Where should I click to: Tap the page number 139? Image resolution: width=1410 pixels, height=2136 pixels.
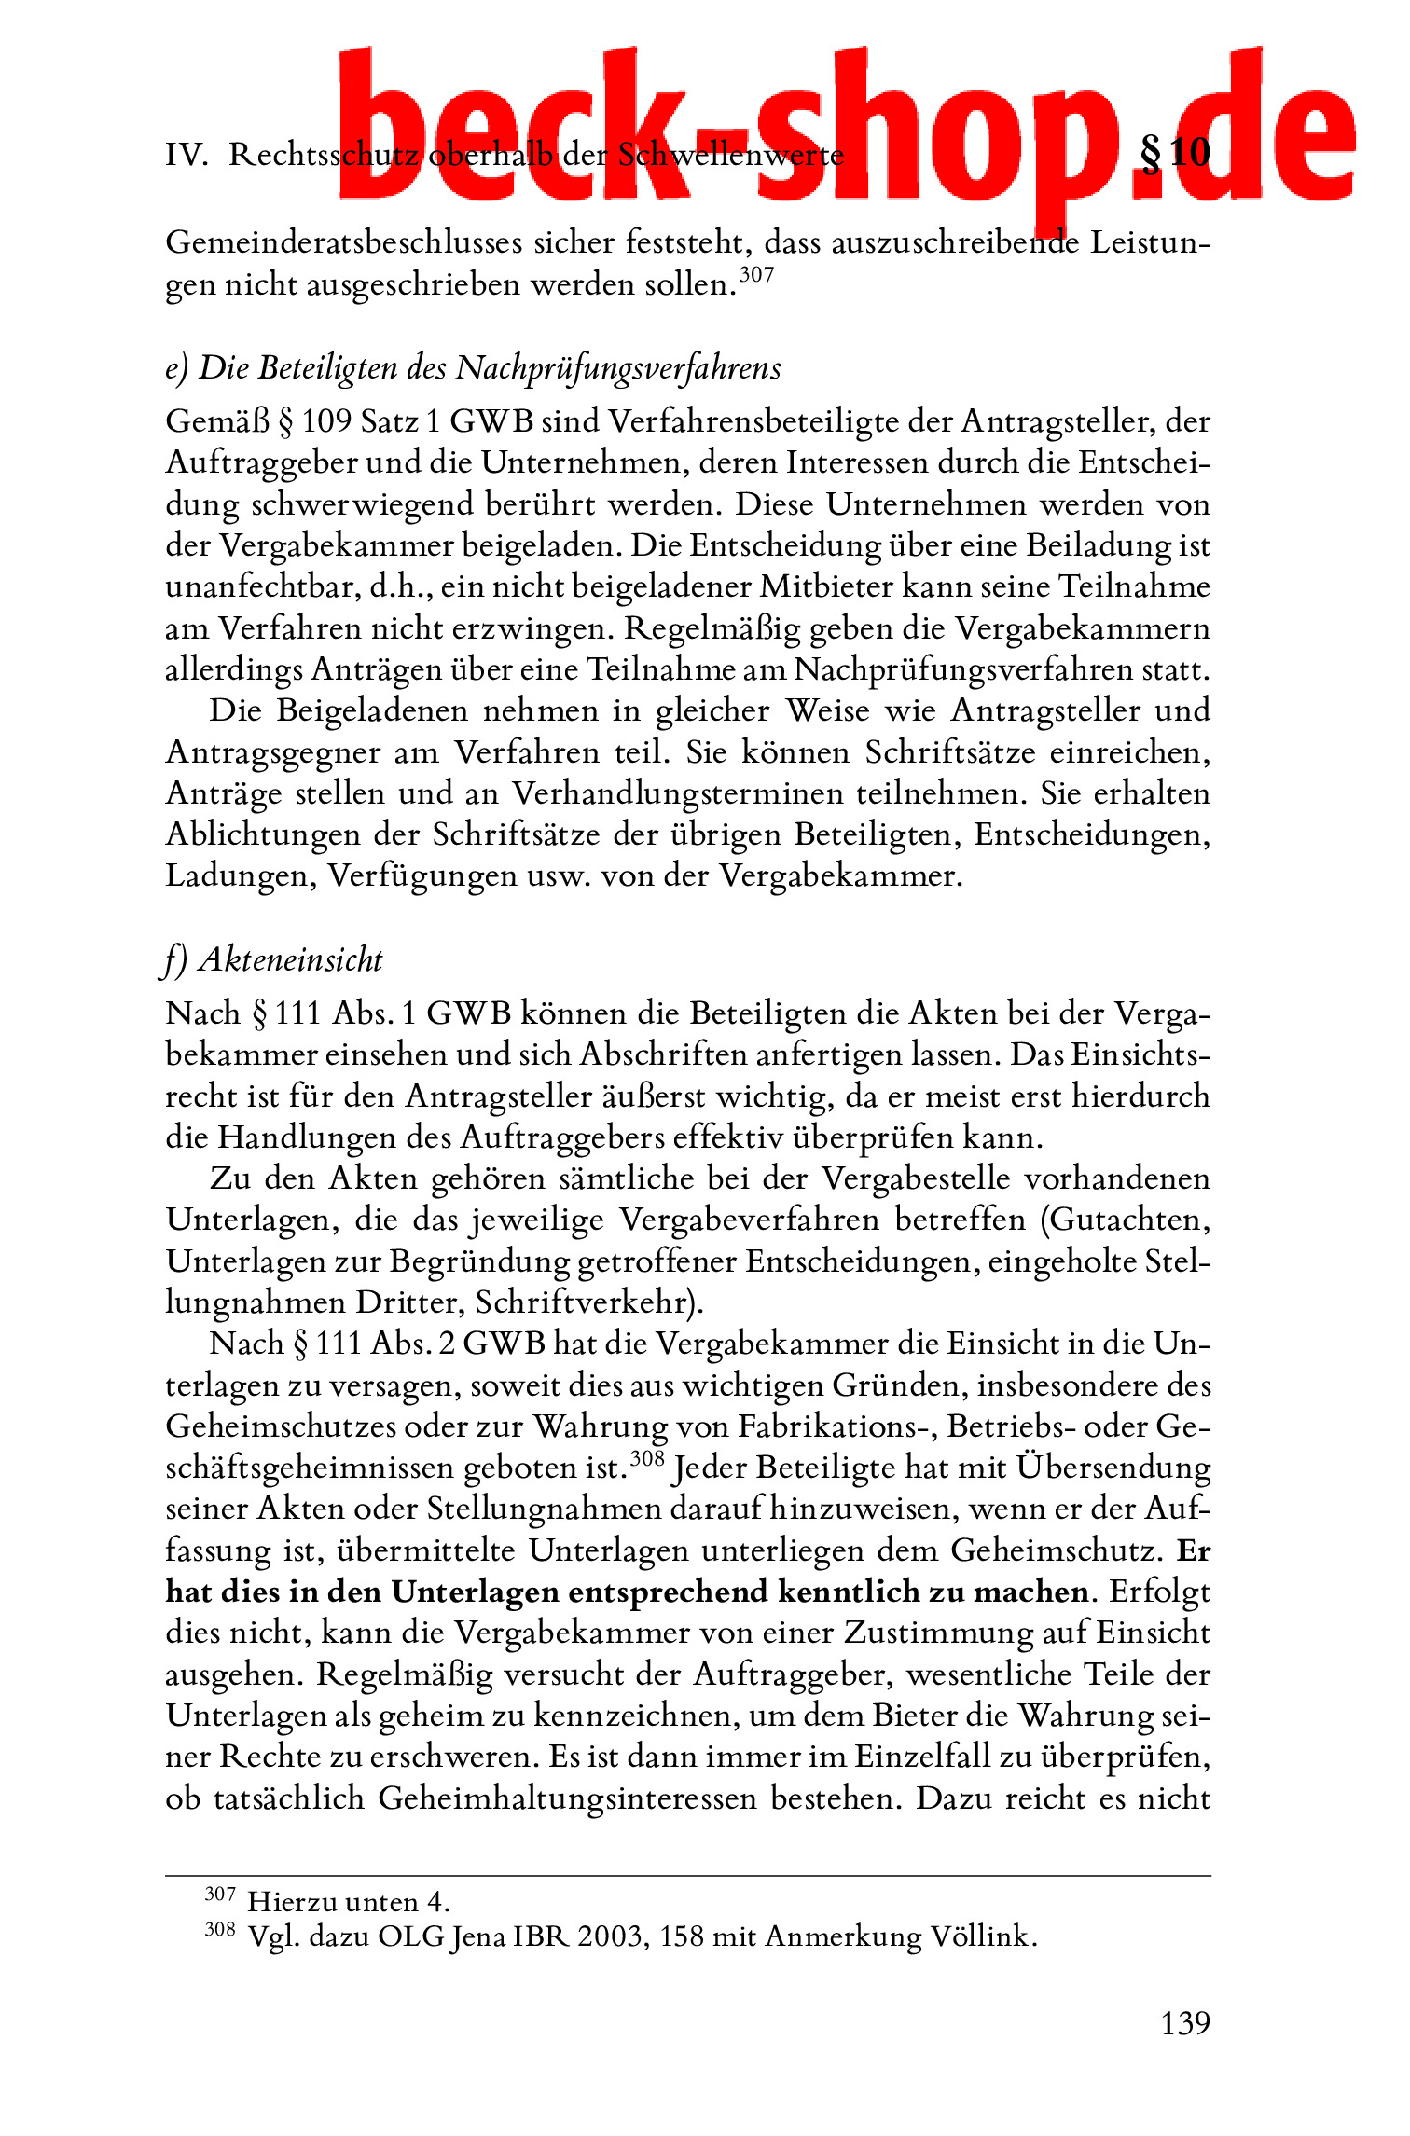(x=1184, y=2022)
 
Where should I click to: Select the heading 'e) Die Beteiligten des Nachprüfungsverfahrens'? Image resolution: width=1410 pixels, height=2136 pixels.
(x=473, y=368)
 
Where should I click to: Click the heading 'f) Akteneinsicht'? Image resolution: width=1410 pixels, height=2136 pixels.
(x=273, y=959)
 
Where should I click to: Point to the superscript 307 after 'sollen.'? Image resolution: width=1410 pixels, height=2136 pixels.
(x=756, y=274)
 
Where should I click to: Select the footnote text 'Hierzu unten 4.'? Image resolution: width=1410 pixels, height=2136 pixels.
(x=349, y=1901)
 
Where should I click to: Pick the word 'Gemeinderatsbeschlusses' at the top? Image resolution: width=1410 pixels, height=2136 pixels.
(x=343, y=242)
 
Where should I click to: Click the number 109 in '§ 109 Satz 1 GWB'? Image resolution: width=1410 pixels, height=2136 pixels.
(x=326, y=421)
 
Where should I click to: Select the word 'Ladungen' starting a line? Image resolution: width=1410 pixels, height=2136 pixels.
(x=239, y=875)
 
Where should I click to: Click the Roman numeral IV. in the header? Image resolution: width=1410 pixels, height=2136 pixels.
(x=187, y=155)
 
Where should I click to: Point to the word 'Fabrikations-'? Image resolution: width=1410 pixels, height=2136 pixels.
(x=836, y=1426)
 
